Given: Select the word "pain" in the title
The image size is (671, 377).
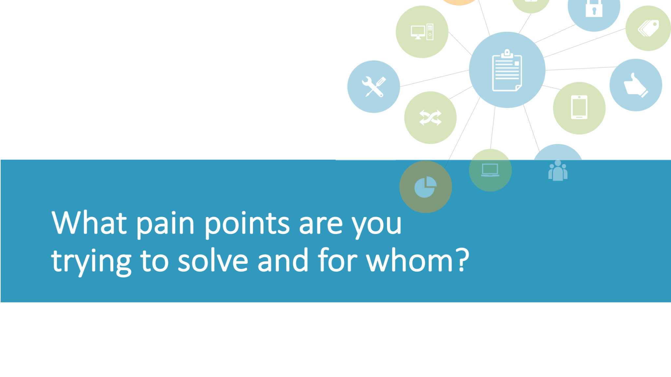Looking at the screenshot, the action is [165, 225].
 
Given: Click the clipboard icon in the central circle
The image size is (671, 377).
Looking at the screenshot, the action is [507, 70].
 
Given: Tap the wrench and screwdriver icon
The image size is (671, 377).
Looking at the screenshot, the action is [374, 87].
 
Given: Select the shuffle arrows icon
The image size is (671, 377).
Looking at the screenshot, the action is [431, 118].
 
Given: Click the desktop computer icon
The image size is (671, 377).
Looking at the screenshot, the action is [422, 32].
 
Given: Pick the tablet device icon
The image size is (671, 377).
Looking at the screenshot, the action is [579, 107].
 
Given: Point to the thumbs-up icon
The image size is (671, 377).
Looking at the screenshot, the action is [636, 85].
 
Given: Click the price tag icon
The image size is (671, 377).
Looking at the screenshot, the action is [648, 28].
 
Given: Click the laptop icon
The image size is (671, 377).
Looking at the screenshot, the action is [490, 170].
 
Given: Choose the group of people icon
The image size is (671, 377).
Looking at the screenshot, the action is [558, 170].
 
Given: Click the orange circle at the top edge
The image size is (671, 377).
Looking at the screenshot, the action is [459, 2].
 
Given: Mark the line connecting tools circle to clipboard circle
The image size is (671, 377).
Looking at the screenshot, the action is [434, 78].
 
